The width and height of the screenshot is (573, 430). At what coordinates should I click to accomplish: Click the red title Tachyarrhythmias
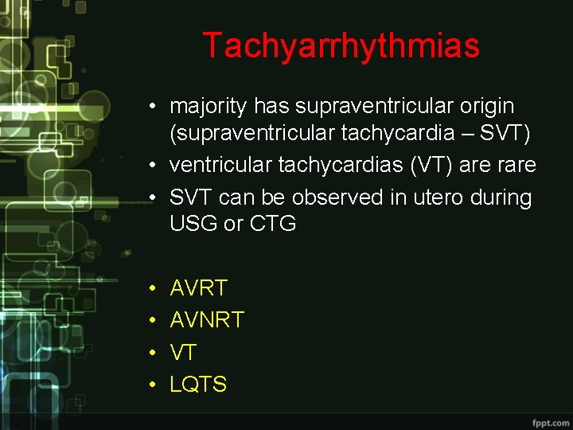point(341,45)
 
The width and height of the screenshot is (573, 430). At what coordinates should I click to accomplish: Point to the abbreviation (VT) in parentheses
point(428,166)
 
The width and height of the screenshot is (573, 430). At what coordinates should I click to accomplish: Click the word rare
point(515,166)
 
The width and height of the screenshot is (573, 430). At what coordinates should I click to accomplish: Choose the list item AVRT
point(198,288)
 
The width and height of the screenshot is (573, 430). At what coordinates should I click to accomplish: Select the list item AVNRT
point(207,320)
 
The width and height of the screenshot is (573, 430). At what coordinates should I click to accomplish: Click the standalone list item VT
point(183,352)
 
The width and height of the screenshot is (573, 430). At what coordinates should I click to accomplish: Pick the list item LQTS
point(198,384)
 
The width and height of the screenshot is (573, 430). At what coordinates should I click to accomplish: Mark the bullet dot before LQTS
point(151,385)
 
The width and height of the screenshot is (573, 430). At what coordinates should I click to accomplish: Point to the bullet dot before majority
point(151,107)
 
